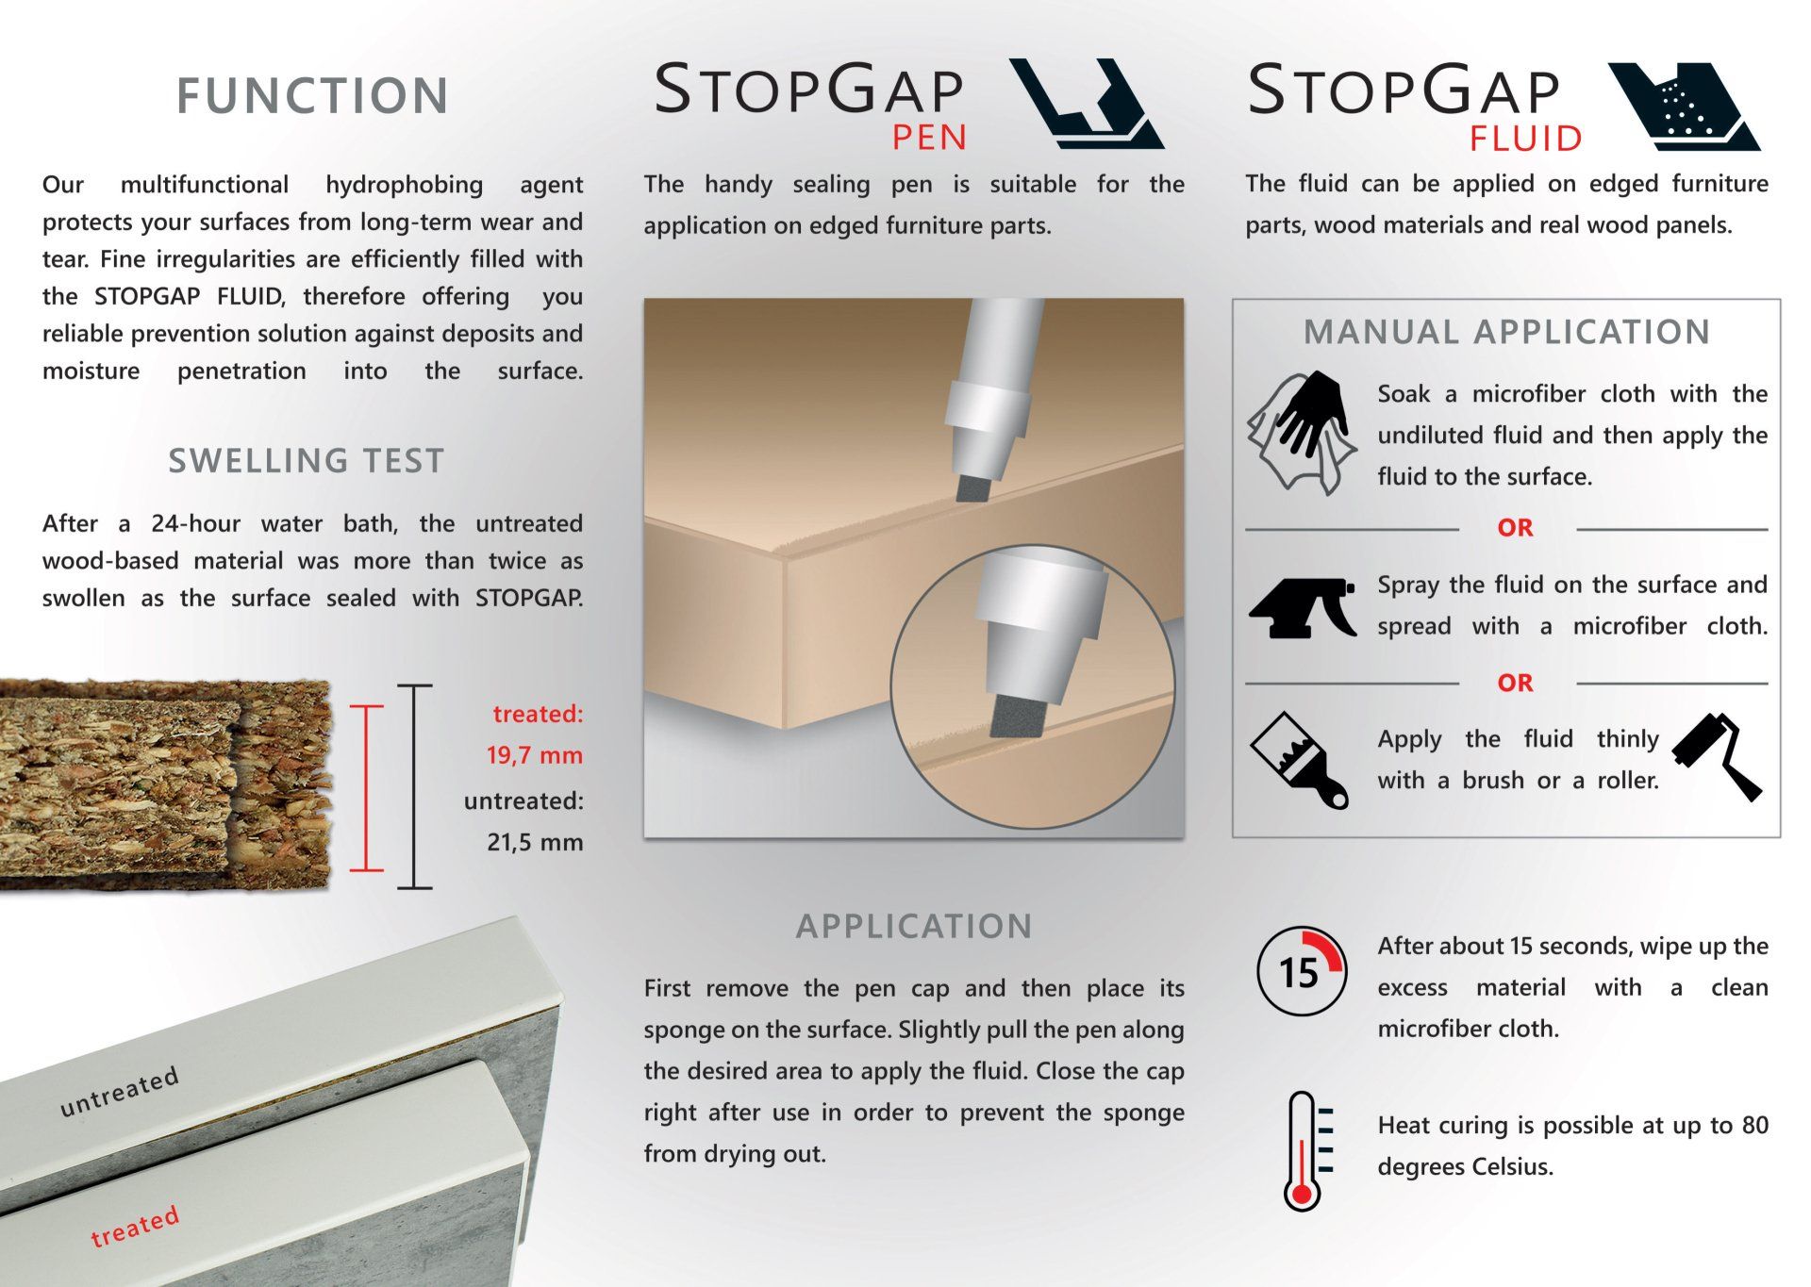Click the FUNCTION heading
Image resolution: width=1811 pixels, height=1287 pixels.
point(312,96)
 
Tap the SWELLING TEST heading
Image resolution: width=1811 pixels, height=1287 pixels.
point(306,461)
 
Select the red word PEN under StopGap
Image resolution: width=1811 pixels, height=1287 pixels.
point(930,139)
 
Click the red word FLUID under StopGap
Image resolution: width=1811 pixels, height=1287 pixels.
point(1525,140)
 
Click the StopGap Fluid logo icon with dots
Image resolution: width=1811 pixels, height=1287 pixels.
point(1684,107)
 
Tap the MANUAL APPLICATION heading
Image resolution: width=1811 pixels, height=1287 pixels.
point(1506,332)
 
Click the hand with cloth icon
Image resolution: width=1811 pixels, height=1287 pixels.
point(1303,433)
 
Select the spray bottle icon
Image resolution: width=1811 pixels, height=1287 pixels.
point(1303,608)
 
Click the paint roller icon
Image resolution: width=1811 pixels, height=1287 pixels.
point(1717,757)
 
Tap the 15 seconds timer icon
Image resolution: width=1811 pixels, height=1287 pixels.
point(1302,971)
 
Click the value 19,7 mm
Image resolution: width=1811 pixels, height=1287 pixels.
point(535,756)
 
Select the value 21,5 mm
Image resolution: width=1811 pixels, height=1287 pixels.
point(535,843)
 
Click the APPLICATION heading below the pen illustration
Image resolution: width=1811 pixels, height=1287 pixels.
point(914,926)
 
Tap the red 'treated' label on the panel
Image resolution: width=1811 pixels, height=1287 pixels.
point(135,1227)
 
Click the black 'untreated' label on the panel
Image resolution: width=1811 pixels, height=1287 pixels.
point(119,1092)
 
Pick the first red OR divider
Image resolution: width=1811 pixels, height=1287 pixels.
point(1515,528)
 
